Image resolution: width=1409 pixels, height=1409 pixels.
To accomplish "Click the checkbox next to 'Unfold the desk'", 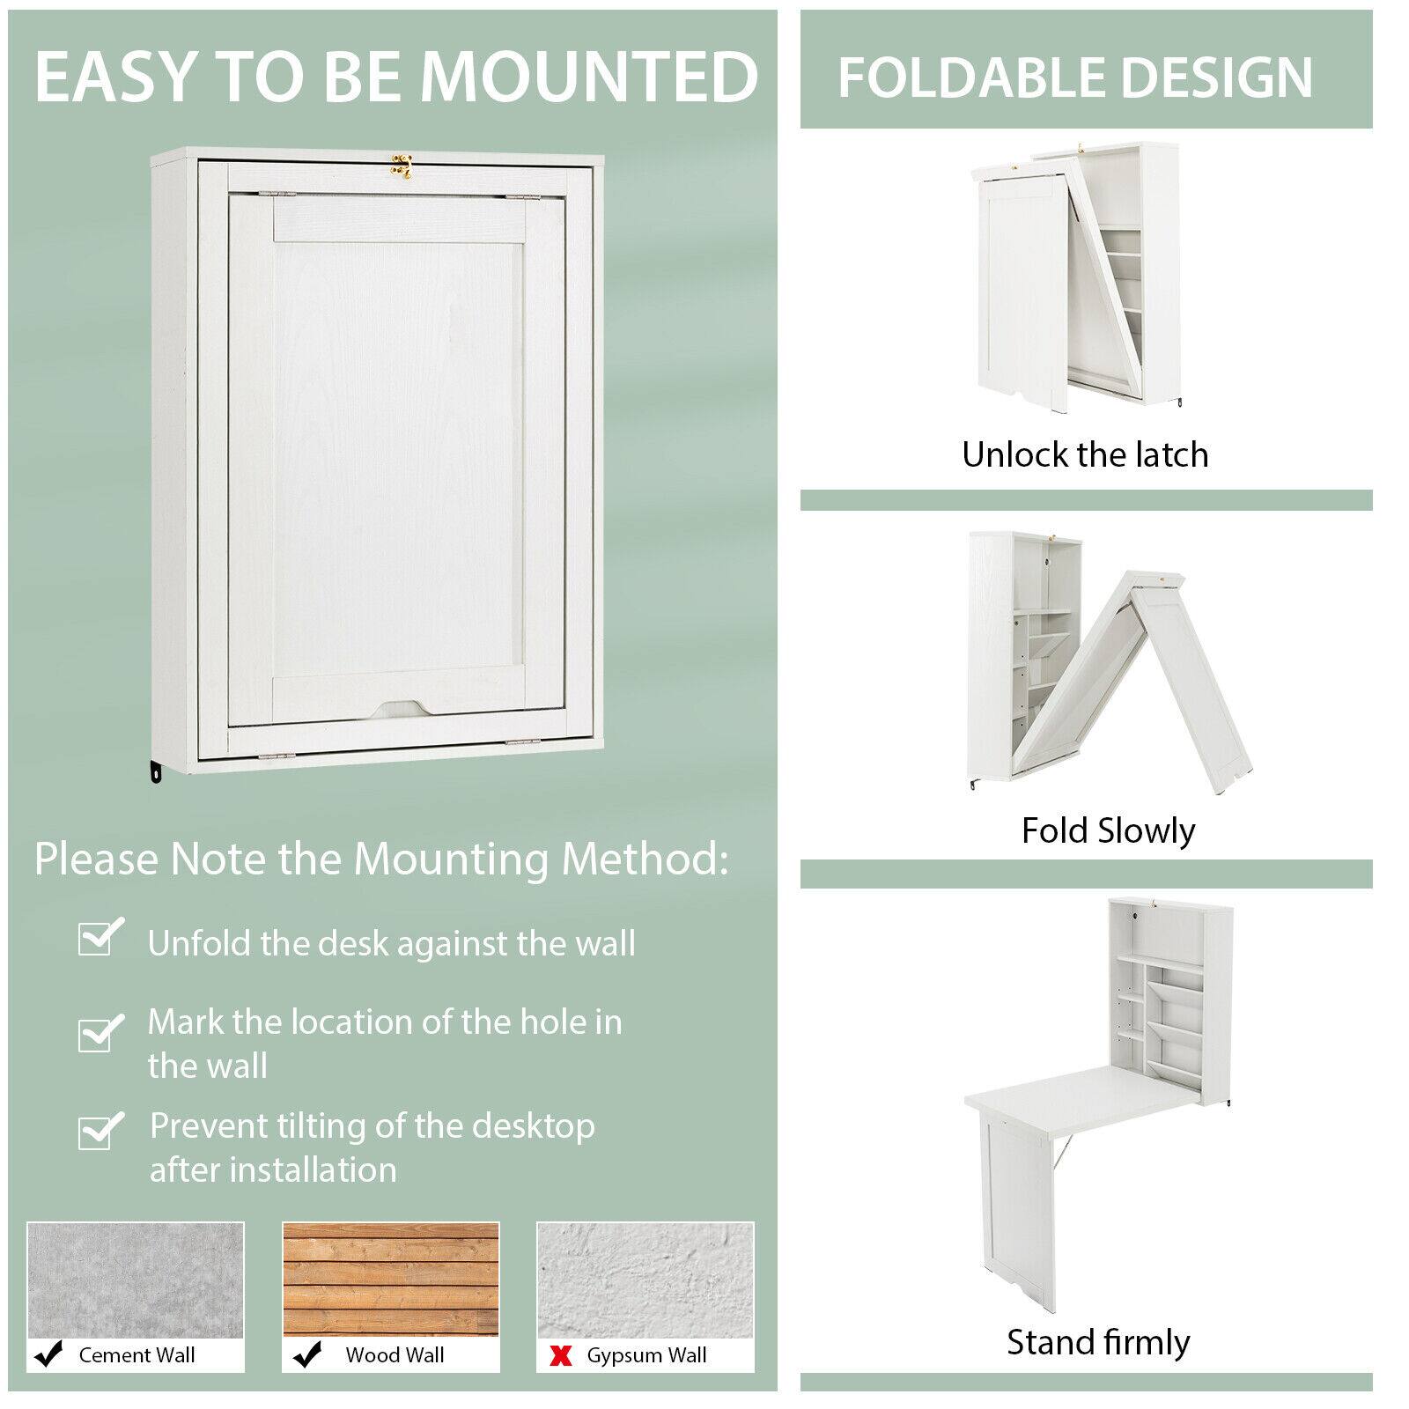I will pyautogui.click(x=99, y=939).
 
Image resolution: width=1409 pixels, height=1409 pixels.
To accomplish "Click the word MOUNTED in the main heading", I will pyautogui.click(x=589, y=77).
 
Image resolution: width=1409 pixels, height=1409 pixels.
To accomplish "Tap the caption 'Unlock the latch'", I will pyautogui.click(x=1085, y=455).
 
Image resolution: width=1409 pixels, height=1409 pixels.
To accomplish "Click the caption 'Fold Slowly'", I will pyautogui.click(x=1108, y=830).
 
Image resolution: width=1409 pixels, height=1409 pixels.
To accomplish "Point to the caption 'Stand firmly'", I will pyautogui.click(x=1098, y=1343).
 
